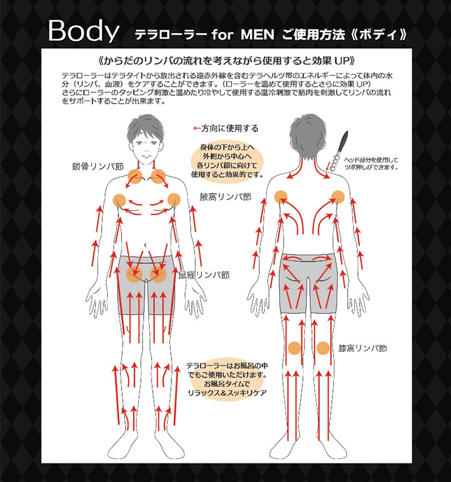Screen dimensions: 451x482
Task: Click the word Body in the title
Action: [84, 31]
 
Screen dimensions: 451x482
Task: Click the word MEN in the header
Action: [257, 34]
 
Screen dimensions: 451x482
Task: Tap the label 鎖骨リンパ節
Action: [97, 166]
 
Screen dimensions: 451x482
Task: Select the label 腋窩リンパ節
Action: [226, 197]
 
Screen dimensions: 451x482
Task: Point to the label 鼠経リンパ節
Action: [204, 275]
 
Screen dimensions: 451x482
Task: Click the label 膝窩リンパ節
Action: [363, 348]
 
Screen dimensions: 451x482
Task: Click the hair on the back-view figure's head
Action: [308, 135]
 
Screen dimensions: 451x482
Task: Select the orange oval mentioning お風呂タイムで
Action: [227, 380]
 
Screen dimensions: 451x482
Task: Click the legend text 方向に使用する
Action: [230, 128]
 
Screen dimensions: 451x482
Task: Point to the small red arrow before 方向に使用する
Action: [197, 128]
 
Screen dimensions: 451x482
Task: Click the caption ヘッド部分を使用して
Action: [371, 160]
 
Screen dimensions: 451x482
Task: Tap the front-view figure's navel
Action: [146, 245]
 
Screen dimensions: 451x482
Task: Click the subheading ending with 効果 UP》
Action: [227, 61]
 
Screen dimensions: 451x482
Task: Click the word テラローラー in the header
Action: [171, 34]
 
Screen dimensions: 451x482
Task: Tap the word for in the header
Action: [222, 34]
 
